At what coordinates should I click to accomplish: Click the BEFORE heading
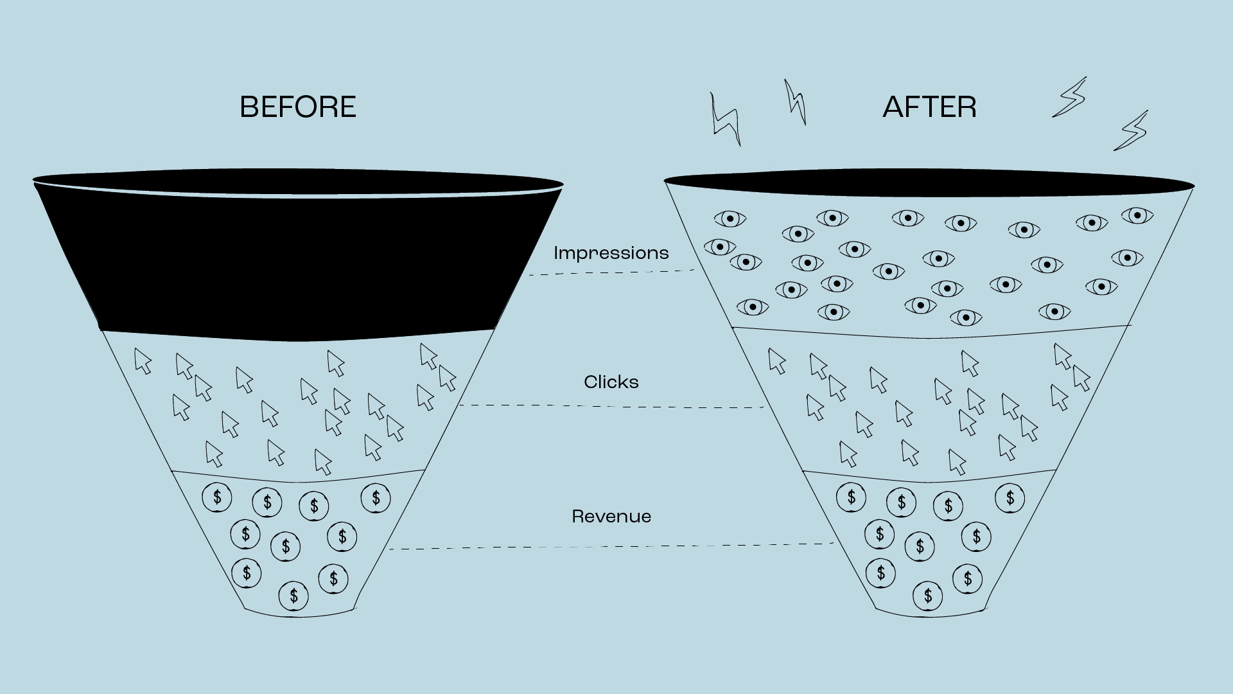pos(298,107)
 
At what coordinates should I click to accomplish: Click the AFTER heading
pos(929,107)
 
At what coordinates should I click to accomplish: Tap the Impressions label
pos(611,253)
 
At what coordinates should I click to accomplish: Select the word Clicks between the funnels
pos(611,382)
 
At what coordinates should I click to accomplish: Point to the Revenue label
pos(611,517)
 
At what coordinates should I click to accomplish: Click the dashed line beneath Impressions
pos(610,272)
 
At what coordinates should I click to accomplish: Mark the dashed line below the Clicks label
pos(610,406)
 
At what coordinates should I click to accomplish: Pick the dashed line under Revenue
pos(610,547)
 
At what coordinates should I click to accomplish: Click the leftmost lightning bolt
pos(725,120)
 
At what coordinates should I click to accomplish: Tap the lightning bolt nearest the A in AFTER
pos(795,102)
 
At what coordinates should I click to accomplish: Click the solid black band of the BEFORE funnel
pos(298,263)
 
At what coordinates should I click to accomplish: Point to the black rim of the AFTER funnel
pos(929,182)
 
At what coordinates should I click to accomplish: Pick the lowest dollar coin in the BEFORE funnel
pos(293,596)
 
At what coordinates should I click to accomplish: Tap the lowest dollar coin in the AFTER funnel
pos(928,596)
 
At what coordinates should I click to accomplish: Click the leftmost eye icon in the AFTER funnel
pos(719,247)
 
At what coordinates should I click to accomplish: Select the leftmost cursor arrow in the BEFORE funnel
pos(143,361)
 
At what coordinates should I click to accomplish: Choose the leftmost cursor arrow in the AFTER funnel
pos(777,361)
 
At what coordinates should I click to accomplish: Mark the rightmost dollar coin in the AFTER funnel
pos(1010,498)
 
